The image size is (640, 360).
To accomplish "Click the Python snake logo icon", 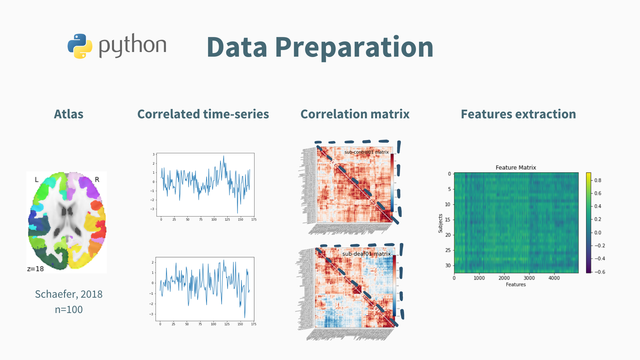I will click(80, 46).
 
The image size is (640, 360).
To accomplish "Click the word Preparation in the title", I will click(354, 47).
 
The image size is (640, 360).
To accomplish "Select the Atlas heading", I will click(69, 114).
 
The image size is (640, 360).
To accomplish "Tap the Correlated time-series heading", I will click(203, 114).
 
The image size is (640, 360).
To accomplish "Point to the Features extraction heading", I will click(518, 114).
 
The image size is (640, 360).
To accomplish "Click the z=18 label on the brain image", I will click(35, 269).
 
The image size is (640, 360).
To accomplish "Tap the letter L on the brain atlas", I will click(37, 180).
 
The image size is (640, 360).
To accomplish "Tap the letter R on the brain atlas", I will click(97, 180).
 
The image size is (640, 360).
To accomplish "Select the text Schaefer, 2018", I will click(69, 294).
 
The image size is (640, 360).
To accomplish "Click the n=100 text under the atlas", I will click(69, 309).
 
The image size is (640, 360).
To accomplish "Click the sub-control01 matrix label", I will click(366, 152).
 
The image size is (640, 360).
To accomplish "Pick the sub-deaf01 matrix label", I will click(366, 254).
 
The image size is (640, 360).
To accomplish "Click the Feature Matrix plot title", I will click(516, 167).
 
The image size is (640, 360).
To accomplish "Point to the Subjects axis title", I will click(440, 223).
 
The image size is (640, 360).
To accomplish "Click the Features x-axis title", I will click(516, 284).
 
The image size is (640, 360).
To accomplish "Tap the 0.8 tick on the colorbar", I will click(598, 180).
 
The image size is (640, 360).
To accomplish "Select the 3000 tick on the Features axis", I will click(529, 278).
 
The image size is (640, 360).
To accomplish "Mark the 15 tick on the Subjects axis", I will click(448, 220).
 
